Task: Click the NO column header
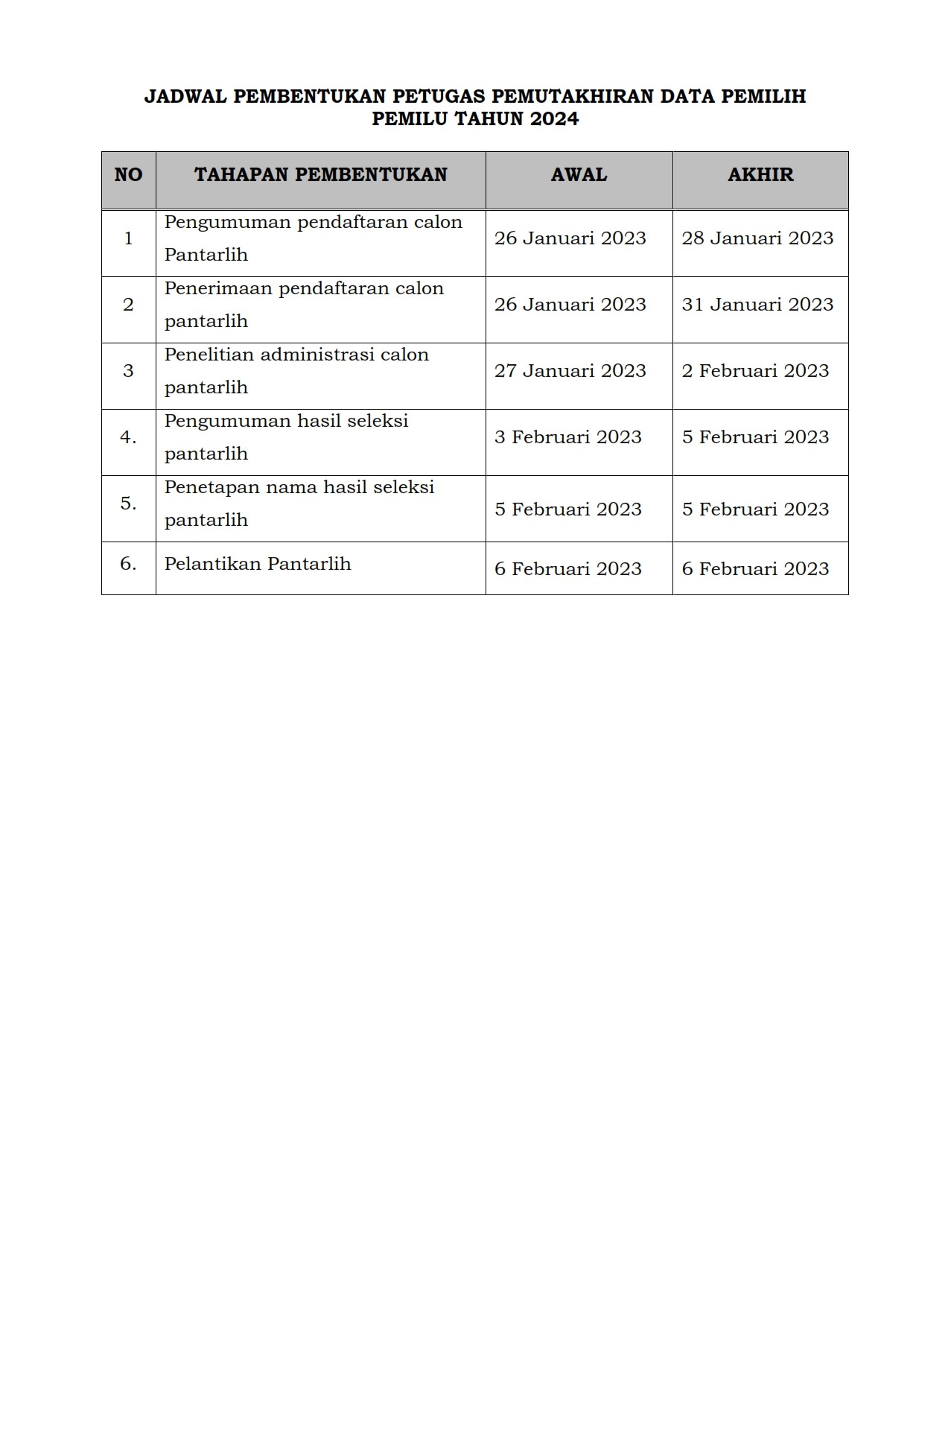click(128, 175)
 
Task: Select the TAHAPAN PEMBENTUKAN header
click(320, 175)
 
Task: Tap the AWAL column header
click(579, 175)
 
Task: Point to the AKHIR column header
click(760, 175)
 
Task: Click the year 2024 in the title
click(554, 119)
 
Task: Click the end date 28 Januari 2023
click(757, 238)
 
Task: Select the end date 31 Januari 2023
click(757, 305)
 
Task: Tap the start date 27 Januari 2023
click(570, 371)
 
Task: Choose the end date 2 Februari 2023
click(755, 371)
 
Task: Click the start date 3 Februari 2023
click(567, 437)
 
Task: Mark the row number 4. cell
click(128, 437)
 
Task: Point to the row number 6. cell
click(128, 564)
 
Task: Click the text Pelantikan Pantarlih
click(258, 564)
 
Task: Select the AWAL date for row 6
click(567, 569)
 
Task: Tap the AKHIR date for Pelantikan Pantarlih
click(755, 569)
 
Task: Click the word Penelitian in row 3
click(209, 355)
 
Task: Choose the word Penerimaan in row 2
click(217, 288)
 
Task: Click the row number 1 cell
click(128, 238)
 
